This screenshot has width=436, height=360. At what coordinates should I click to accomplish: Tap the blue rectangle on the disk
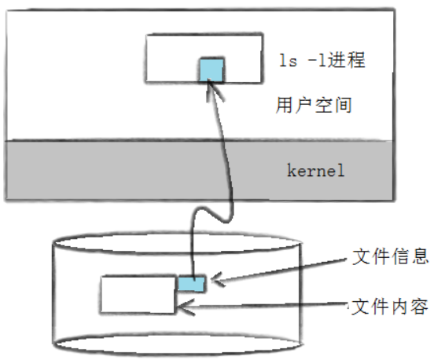pyautogui.click(x=192, y=283)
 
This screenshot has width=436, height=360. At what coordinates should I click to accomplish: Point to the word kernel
pyautogui.click(x=316, y=171)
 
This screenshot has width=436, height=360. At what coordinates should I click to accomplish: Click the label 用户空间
pyautogui.click(x=313, y=105)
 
